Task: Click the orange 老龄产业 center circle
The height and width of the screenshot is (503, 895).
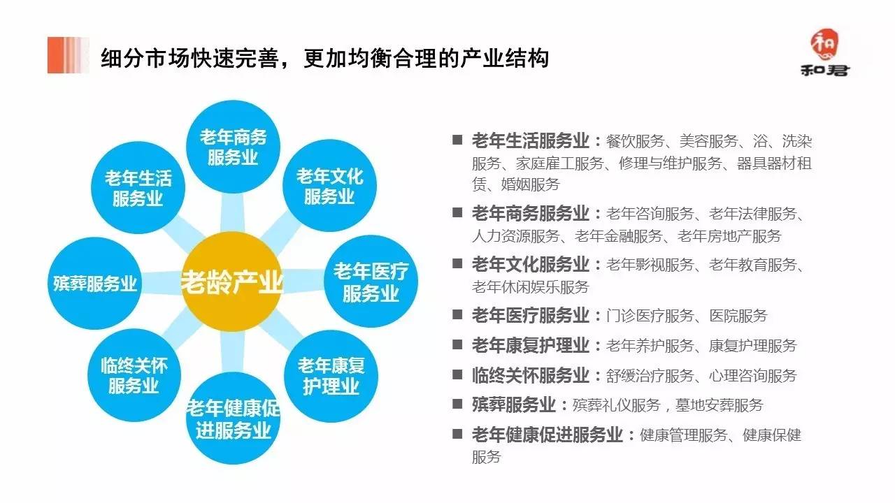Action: tap(231, 283)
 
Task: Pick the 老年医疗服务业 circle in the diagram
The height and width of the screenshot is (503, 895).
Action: tap(370, 282)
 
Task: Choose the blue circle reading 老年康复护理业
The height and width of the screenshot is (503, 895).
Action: tap(331, 375)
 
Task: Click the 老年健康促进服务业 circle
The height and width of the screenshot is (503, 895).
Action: tap(233, 418)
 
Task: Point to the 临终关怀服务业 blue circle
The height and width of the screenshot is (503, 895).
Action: tap(134, 375)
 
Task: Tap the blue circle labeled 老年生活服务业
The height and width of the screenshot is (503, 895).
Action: tap(137, 187)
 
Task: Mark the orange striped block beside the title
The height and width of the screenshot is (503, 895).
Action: tap(69, 55)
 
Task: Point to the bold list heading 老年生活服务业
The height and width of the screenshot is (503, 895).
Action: tap(531, 140)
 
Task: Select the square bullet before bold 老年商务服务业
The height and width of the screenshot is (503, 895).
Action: tap(457, 212)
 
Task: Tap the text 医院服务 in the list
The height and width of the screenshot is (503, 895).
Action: tap(738, 316)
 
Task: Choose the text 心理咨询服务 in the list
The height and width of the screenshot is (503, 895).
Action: tap(752, 375)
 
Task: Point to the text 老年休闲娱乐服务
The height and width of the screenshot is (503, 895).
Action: tap(530, 286)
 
